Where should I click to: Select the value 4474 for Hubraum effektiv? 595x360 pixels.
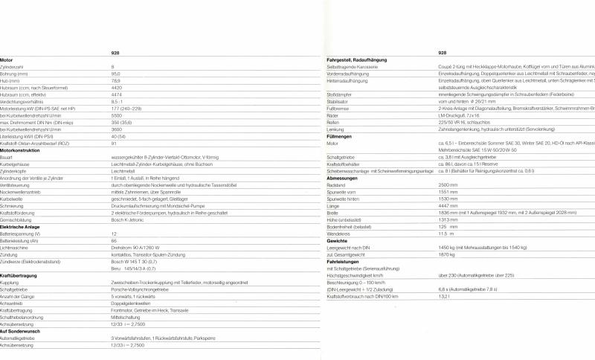116,94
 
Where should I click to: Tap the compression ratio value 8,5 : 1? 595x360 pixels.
118,101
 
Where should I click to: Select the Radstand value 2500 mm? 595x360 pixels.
448,184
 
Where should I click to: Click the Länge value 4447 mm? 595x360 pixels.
448,205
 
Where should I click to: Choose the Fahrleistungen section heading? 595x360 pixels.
344,261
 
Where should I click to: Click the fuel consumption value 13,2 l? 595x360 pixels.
445,296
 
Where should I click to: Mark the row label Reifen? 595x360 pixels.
335,122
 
